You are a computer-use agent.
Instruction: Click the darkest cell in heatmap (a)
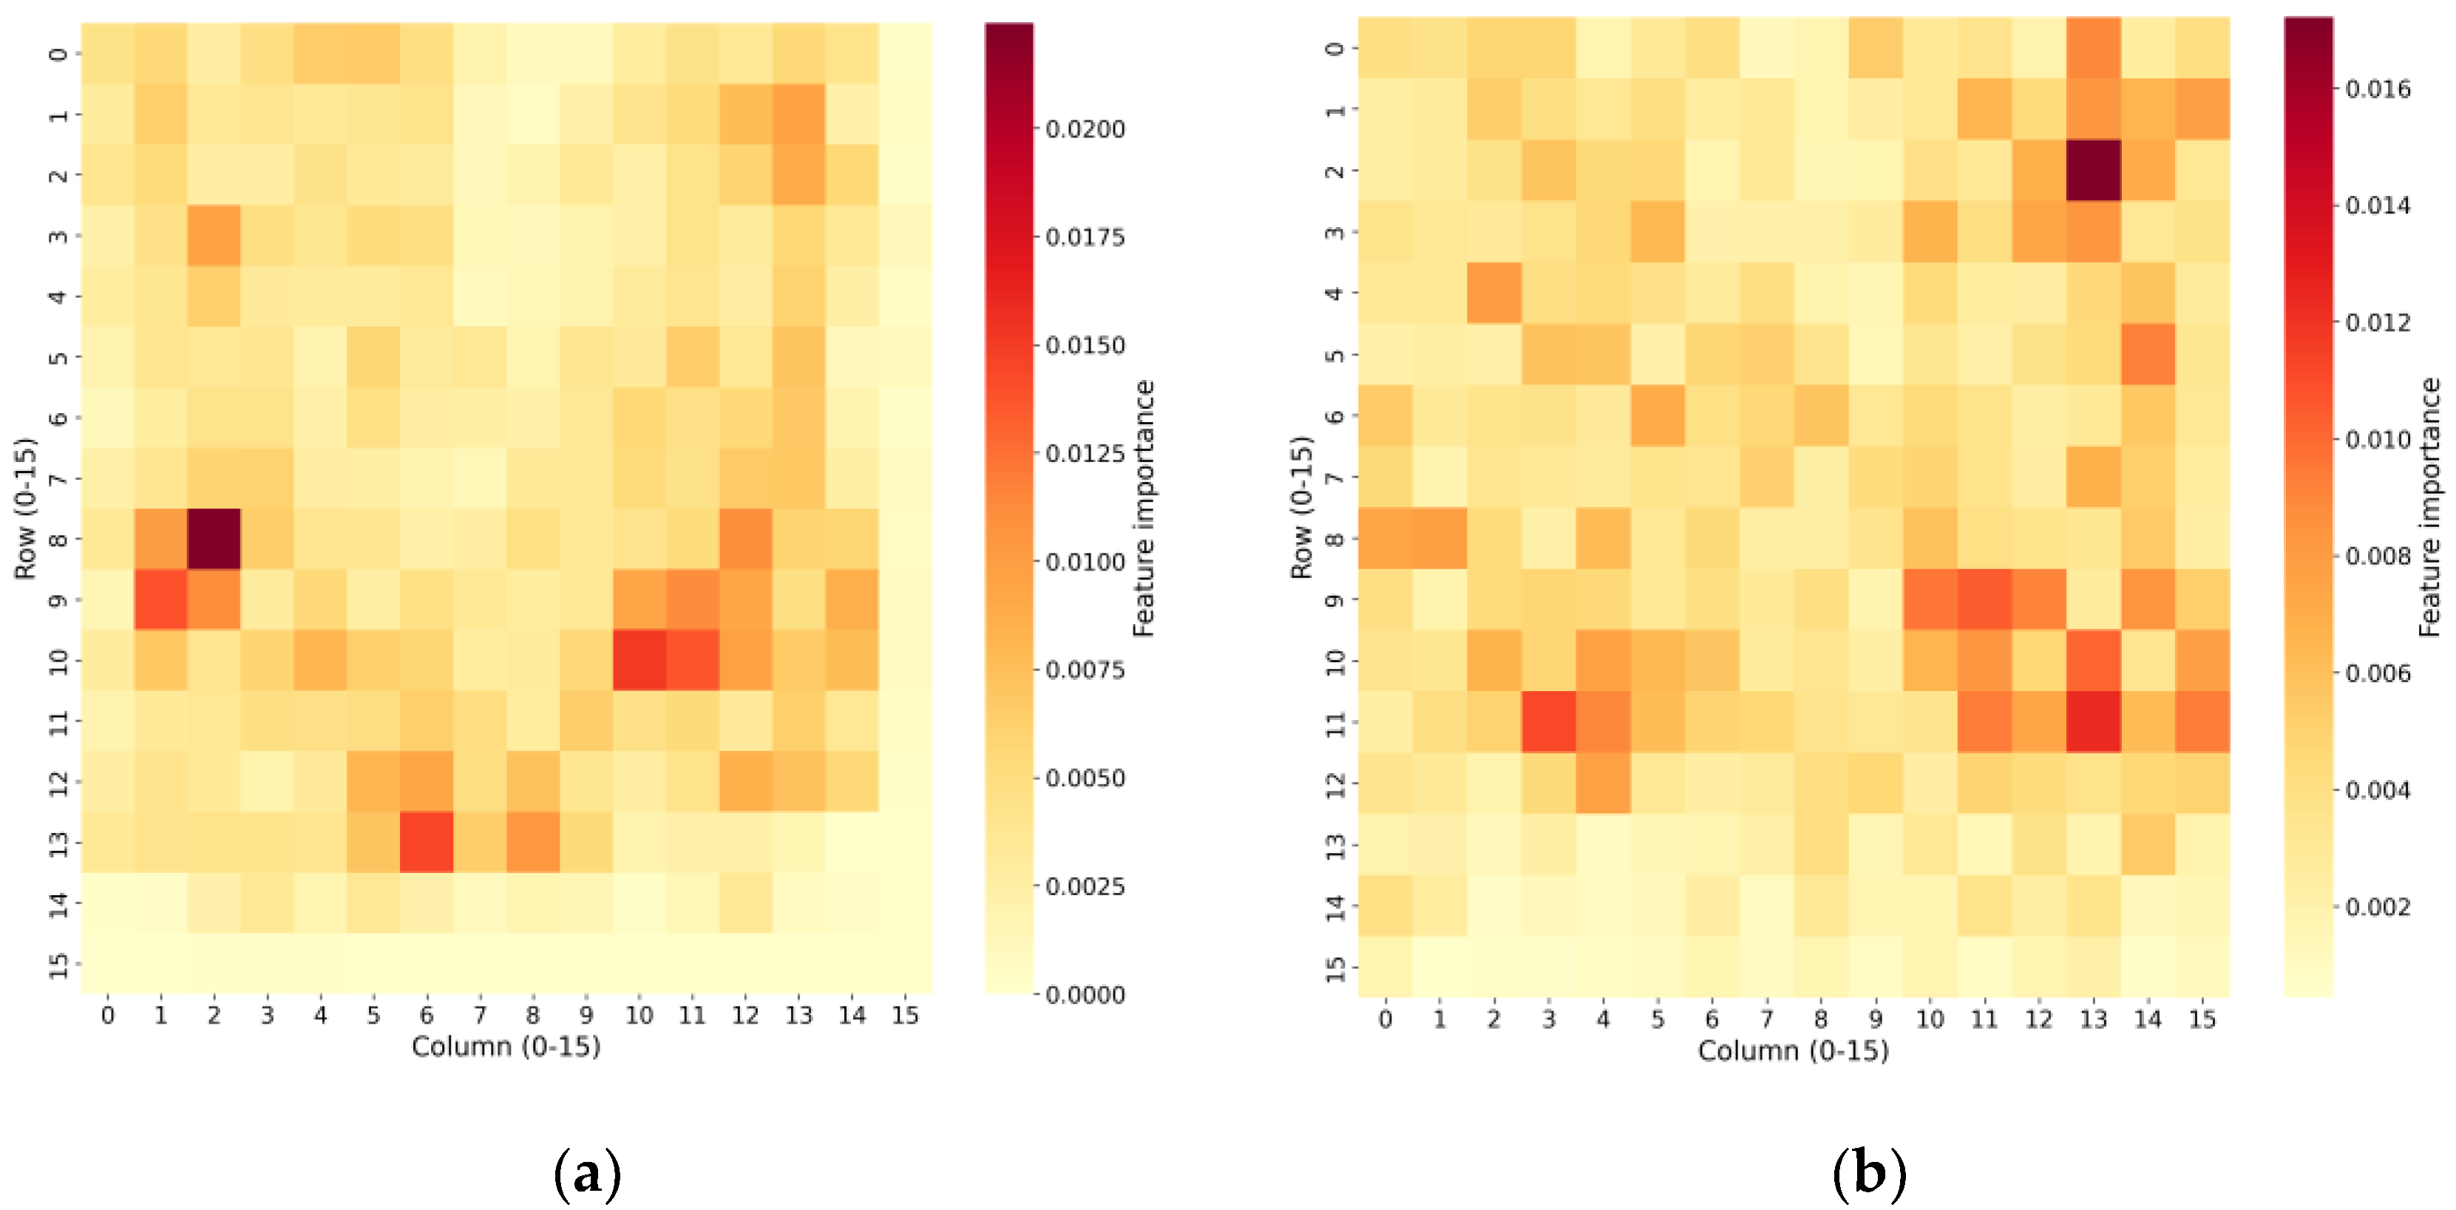(214, 539)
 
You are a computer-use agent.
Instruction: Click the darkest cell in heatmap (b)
(2093, 170)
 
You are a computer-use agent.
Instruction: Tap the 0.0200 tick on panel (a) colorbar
(1085, 129)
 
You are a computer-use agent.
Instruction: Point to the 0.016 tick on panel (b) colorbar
(2378, 89)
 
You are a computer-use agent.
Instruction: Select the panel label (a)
(586, 1174)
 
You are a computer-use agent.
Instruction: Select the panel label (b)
(1869, 1174)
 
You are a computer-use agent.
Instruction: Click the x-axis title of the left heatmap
(506, 1046)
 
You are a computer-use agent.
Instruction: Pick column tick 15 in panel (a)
(905, 1016)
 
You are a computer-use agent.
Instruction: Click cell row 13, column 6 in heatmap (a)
(426, 842)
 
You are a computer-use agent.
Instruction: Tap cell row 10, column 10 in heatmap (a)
(639, 660)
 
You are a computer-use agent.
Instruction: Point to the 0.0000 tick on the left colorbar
(1085, 994)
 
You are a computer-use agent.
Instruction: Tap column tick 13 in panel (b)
(2093, 1019)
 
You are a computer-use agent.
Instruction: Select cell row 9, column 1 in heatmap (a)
(160, 599)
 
